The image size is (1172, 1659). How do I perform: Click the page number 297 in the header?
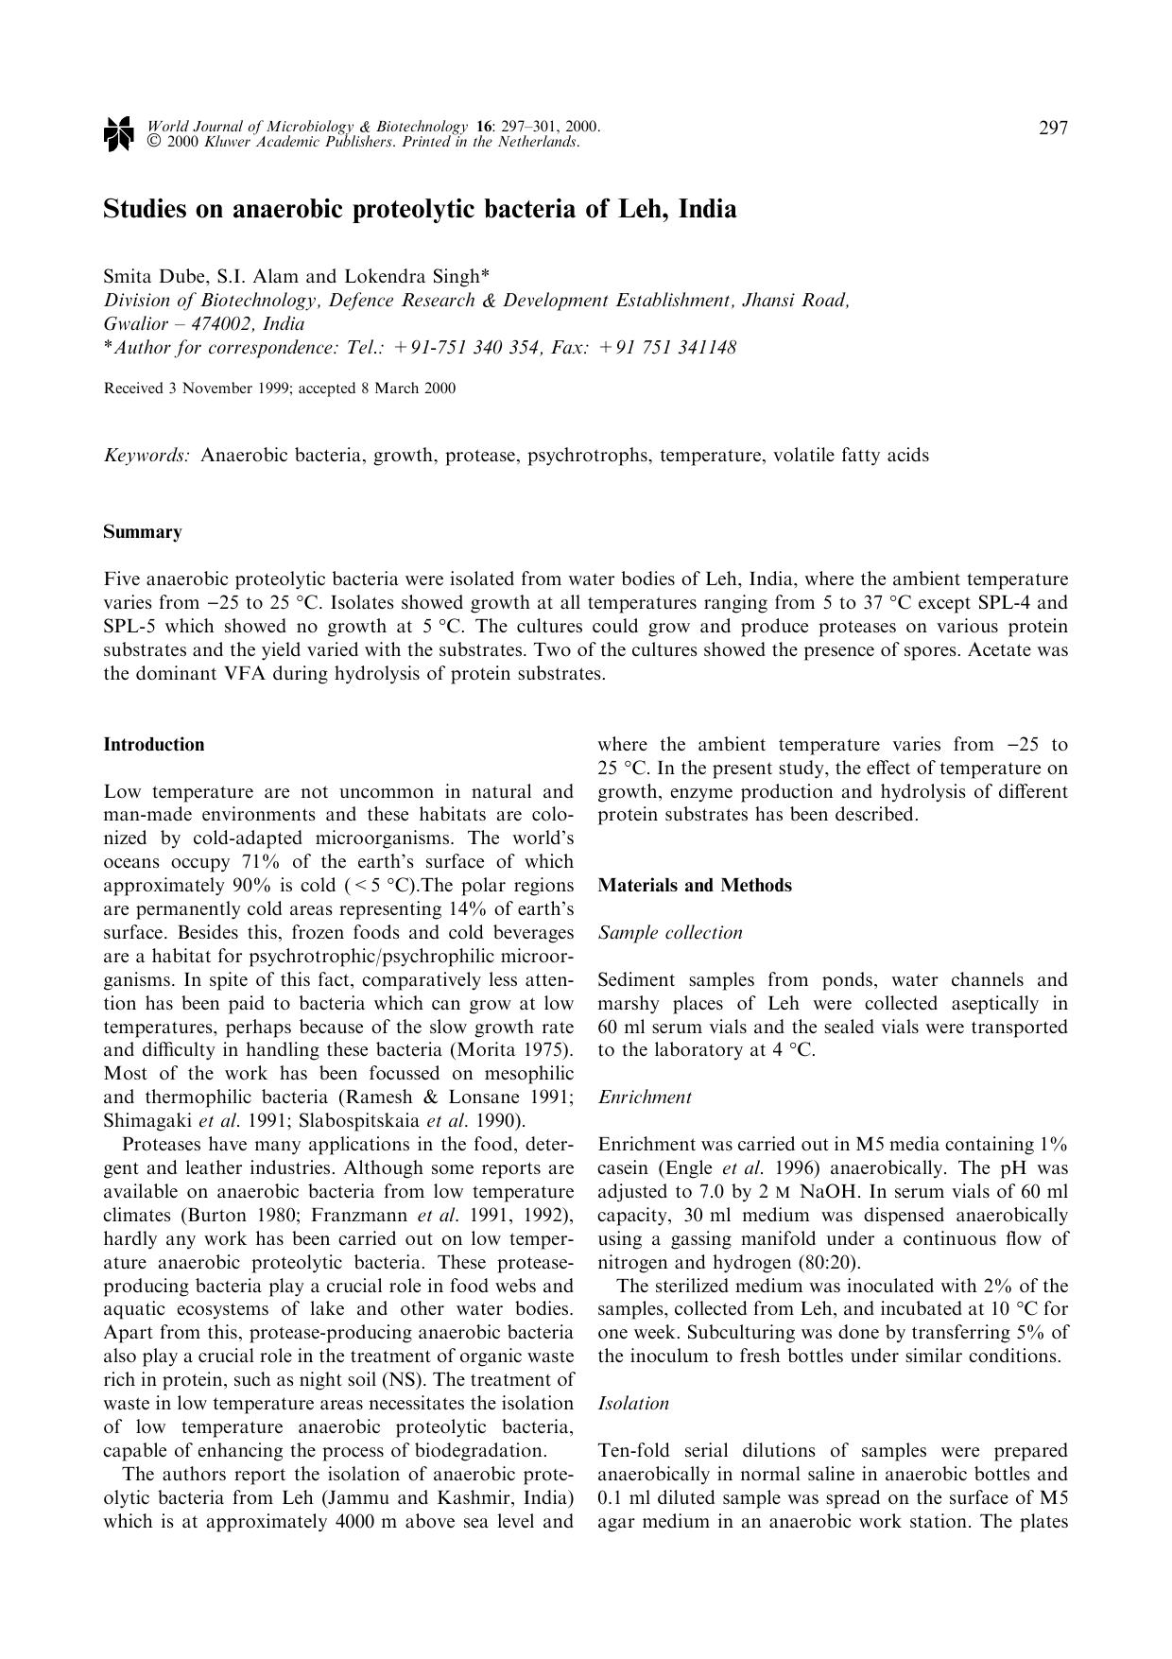[1053, 129]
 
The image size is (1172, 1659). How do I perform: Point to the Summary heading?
[143, 532]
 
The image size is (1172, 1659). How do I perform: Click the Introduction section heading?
[154, 745]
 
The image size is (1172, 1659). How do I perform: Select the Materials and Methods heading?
[695, 886]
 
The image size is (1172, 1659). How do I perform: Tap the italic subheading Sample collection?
[670, 933]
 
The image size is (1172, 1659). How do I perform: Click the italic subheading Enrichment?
[645, 1097]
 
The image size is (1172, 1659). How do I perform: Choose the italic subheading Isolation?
[633, 1404]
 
